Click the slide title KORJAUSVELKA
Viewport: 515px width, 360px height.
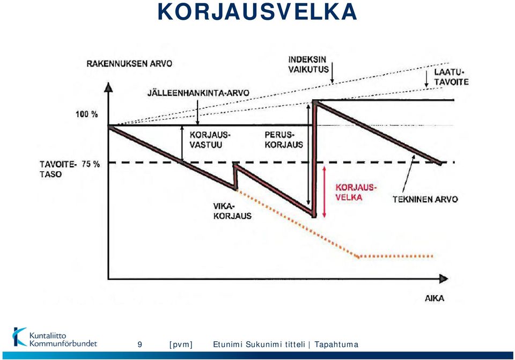(257, 11)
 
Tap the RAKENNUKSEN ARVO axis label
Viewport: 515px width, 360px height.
(129, 64)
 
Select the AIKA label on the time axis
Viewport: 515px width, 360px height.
(435, 298)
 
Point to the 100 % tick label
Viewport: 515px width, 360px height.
(87, 114)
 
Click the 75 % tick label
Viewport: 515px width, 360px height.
(91, 164)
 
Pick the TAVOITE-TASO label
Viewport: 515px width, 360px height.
(58, 169)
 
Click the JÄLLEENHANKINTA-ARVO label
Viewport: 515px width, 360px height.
(198, 93)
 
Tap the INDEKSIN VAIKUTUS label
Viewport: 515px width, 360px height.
(308, 64)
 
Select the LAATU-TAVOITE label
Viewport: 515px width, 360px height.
(451, 77)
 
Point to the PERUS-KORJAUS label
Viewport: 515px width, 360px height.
(284, 139)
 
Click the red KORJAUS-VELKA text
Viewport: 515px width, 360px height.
(355, 192)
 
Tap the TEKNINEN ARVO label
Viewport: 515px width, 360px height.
(425, 199)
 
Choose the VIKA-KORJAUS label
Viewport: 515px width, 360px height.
(232, 211)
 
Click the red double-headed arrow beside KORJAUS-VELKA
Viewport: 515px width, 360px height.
(324, 192)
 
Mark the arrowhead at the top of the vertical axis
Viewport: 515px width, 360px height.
(108, 87)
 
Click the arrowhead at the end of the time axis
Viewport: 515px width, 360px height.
(444, 279)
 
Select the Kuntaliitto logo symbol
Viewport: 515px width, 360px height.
(19, 337)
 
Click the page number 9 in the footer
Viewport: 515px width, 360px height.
(140, 344)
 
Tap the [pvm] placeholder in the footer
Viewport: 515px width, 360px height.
(181, 344)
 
